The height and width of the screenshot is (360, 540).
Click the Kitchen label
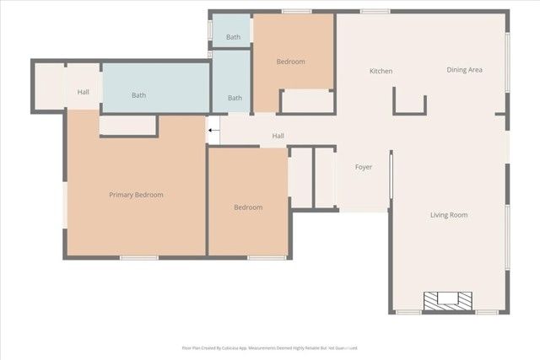click(381, 71)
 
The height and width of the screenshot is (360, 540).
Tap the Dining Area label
click(464, 70)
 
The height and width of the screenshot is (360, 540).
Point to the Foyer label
click(364, 167)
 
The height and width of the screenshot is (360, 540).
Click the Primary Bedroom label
click(136, 195)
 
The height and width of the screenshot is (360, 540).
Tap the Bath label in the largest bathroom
click(138, 95)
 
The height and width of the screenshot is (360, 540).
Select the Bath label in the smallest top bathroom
click(233, 37)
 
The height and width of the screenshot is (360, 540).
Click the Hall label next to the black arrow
click(278, 136)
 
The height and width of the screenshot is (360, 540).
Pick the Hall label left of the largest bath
click(84, 92)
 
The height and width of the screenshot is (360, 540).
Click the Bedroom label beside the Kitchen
click(291, 62)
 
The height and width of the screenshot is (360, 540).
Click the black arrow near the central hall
click(213, 131)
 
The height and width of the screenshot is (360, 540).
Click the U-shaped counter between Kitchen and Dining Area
click(410, 103)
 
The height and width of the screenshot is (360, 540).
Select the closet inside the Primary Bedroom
click(128, 126)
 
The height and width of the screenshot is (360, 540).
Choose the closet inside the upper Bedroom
click(306, 100)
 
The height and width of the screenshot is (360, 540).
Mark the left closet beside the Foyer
click(300, 178)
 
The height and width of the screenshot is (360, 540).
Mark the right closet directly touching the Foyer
click(325, 178)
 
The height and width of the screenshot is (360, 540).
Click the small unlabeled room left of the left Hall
click(48, 85)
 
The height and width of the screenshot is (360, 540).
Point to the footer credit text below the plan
click(269, 347)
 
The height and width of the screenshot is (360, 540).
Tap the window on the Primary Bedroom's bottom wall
click(139, 257)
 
